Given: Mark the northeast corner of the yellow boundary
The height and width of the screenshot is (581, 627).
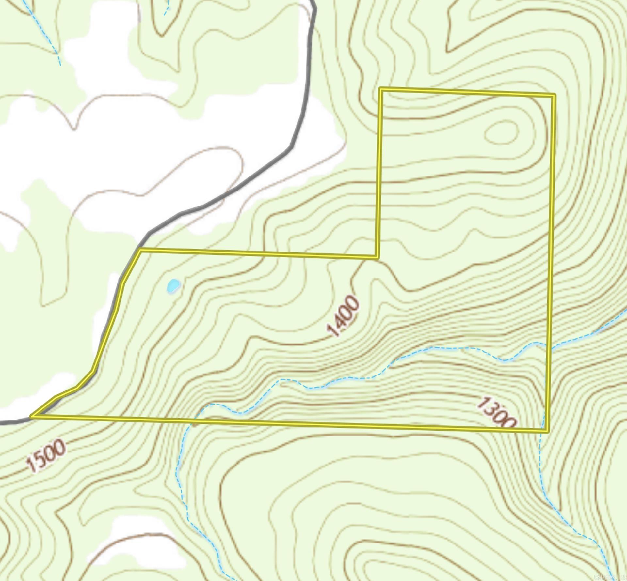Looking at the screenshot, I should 554,95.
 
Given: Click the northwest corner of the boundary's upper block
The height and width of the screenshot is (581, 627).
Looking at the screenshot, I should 380,89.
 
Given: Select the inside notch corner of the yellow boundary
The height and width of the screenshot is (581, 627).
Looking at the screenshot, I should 377,257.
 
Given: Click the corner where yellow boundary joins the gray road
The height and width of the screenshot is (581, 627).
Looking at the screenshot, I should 140,250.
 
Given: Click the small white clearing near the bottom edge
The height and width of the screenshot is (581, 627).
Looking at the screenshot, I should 137,542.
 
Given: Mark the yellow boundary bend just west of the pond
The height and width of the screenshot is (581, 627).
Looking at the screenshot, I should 122,283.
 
